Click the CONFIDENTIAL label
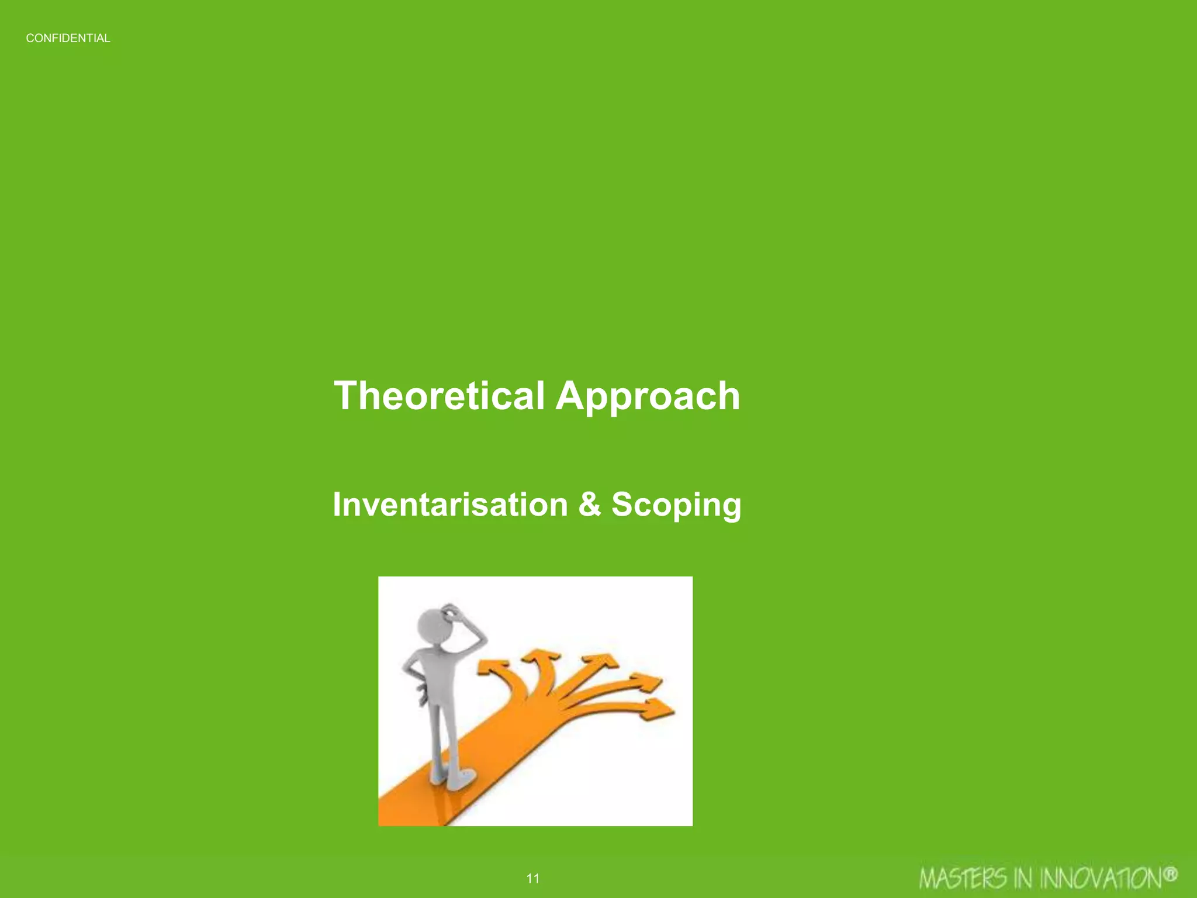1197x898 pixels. tap(68, 39)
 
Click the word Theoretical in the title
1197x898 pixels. tap(439, 396)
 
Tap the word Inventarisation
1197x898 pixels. tap(450, 504)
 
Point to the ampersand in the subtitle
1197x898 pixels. tap(590, 504)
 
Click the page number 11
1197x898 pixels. tap(532, 878)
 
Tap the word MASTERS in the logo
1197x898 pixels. tap(963, 879)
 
